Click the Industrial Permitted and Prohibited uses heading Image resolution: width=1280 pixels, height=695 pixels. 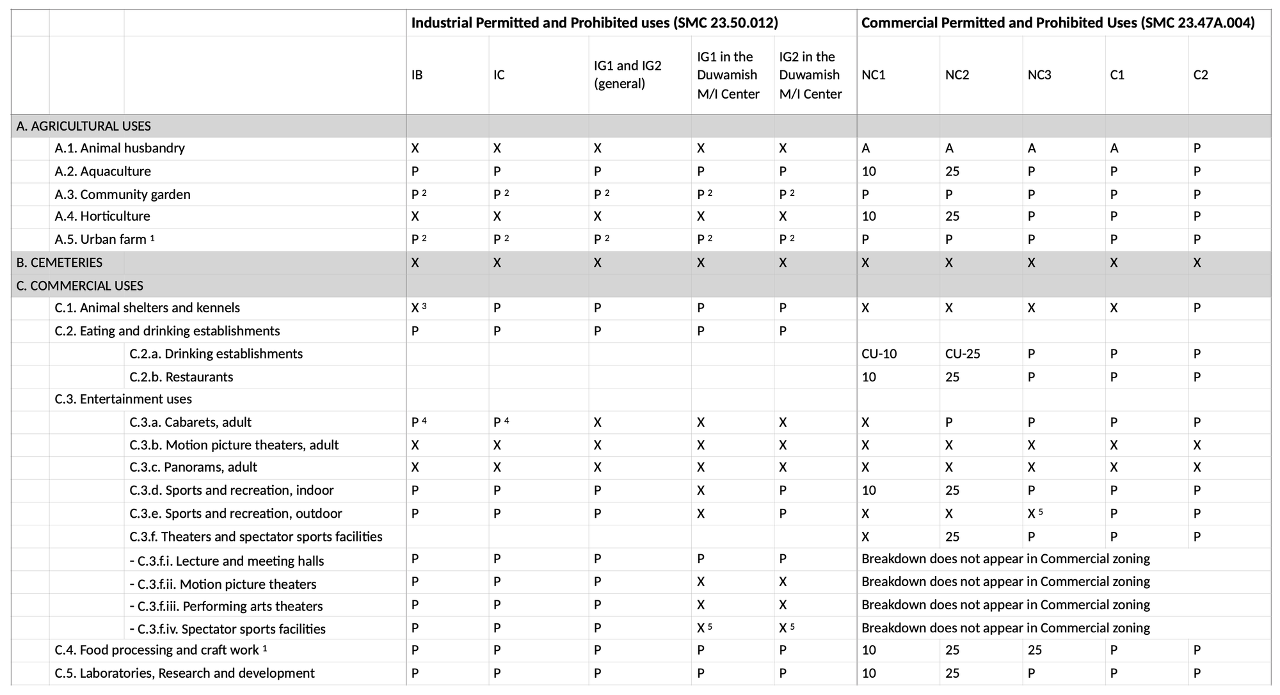[x=594, y=23]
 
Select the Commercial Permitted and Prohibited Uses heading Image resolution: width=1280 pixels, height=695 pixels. [x=1057, y=23]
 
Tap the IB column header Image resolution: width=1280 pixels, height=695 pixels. [x=417, y=75]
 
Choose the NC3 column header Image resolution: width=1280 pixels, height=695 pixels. [x=1039, y=75]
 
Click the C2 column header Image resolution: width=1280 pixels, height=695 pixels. [x=1201, y=75]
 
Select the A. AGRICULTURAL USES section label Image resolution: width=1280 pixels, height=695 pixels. [x=83, y=126]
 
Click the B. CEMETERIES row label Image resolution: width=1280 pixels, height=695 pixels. [x=60, y=262]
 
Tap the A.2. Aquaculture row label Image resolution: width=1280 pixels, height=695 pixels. [x=102, y=172]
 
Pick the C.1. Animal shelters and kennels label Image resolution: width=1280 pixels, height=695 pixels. [x=147, y=308]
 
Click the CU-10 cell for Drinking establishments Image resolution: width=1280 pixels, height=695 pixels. [x=879, y=354]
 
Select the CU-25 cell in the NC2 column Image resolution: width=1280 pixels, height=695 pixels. [x=963, y=354]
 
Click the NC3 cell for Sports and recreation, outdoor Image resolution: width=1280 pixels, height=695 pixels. [x=1034, y=513]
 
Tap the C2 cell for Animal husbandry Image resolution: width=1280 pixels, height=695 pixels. [x=1197, y=148]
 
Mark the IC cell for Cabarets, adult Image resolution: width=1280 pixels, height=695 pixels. [x=500, y=422]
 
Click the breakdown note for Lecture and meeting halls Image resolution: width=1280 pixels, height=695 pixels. [x=1005, y=559]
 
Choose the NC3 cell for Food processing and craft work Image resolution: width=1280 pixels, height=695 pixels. [x=1034, y=650]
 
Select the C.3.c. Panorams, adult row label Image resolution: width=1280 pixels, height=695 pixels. [x=193, y=467]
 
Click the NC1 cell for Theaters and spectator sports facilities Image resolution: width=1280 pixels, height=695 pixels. [x=865, y=536]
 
